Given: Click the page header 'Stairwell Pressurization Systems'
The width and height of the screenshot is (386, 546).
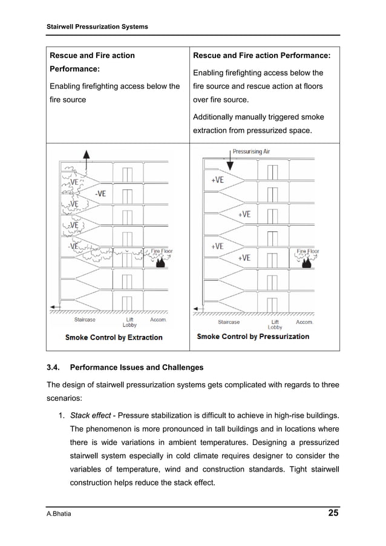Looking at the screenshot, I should tap(97, 27).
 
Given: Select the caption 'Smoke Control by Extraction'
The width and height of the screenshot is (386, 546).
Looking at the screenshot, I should tap(114, 337).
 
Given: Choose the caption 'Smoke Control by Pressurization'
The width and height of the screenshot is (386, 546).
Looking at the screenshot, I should tap(253, 337).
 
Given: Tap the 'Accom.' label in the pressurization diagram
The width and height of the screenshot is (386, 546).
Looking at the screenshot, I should tap(304, 321).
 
